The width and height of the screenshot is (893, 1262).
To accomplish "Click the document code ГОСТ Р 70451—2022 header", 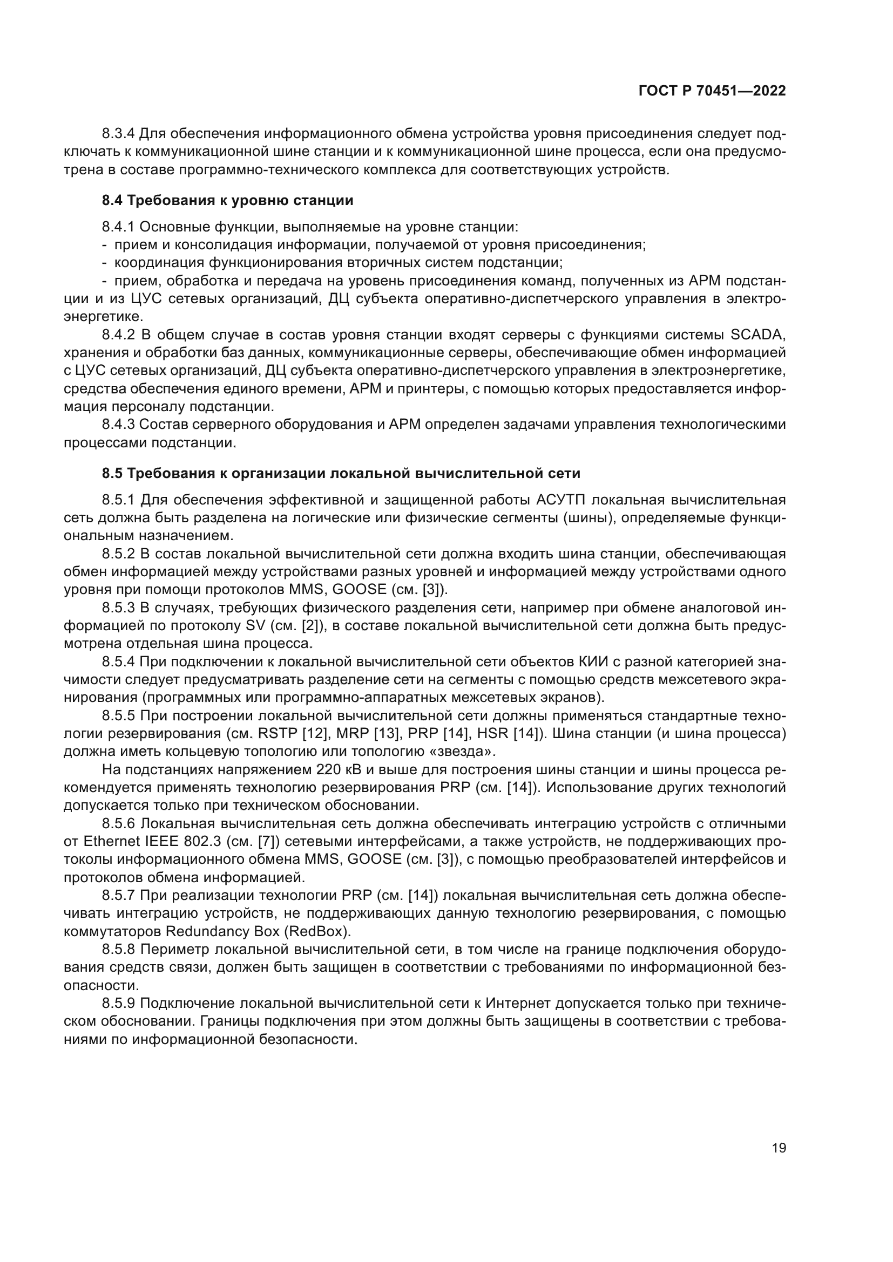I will click(x=712, y=91).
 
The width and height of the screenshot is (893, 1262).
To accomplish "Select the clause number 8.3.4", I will click(x=118, y=134).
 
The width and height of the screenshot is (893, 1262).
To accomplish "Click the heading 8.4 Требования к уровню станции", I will click(x=227, y=200).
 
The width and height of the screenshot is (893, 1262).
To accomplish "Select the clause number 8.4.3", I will click(x=118, y=424).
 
